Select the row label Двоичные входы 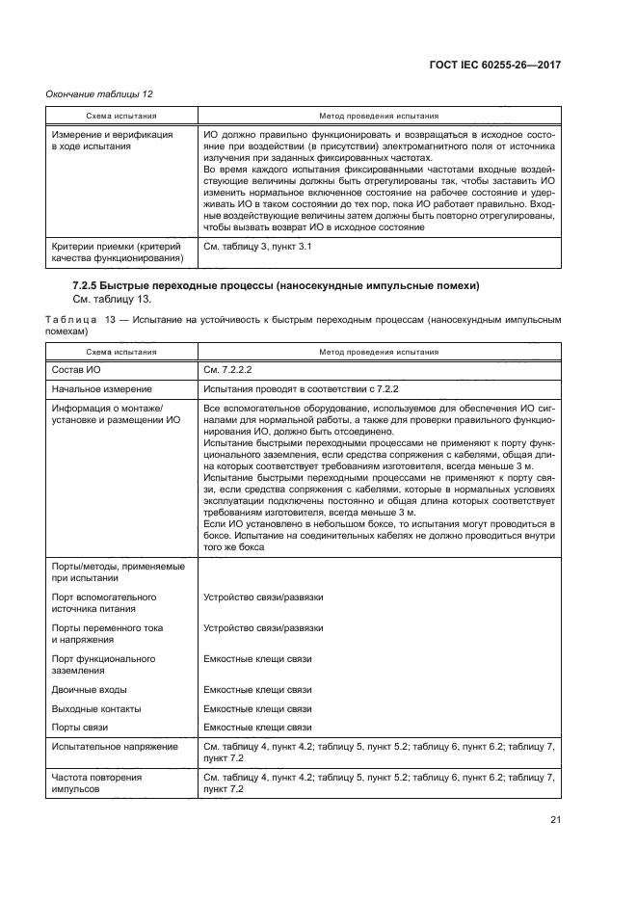click(89, 690)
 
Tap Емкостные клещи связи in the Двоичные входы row click(258, 690)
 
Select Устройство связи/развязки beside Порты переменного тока click(263, 628)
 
